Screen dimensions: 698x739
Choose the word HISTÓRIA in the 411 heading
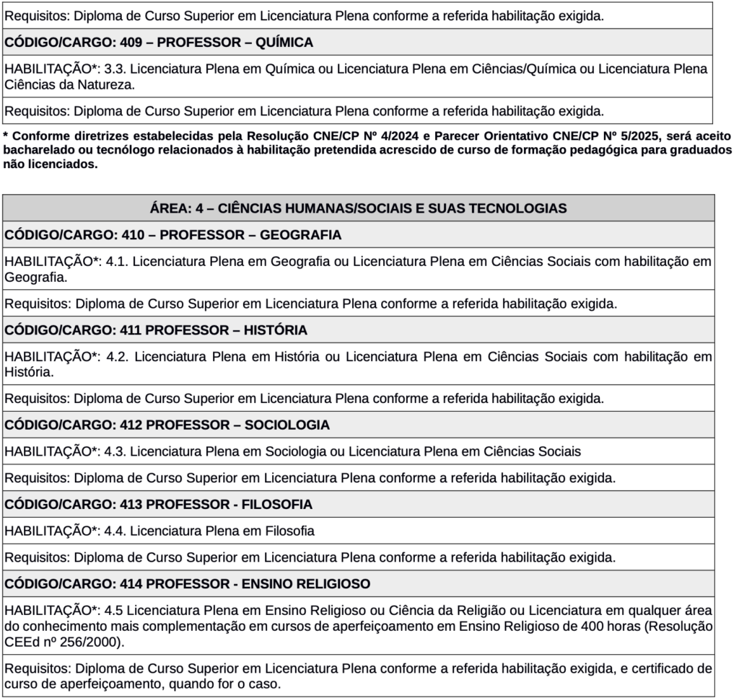(x=275, y=330)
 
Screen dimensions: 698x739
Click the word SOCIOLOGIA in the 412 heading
(x=287, y=425)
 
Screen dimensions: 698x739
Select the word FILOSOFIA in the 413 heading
(x=277, y=504)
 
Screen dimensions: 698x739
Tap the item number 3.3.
(x=114, y=69)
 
